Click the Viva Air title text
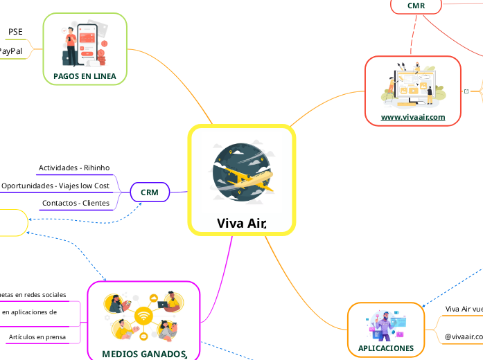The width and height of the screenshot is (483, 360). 241,223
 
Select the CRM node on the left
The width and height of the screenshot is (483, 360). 150,192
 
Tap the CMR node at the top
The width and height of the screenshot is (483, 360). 416,6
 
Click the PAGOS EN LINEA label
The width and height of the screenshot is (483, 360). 85,75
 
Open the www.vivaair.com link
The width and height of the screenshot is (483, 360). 413,118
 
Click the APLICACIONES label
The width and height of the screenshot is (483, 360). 386,348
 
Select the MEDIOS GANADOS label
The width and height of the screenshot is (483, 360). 143,354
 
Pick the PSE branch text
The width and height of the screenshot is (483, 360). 15,32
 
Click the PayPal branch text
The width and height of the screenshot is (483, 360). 10,51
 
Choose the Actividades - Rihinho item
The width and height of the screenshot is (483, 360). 74,168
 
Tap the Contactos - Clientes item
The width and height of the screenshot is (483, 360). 76,204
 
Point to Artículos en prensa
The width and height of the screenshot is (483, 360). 38,337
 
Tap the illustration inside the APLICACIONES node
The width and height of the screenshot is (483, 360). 386,325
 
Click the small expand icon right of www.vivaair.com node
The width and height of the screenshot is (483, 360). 466,91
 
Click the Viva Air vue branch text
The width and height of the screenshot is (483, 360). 463,309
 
